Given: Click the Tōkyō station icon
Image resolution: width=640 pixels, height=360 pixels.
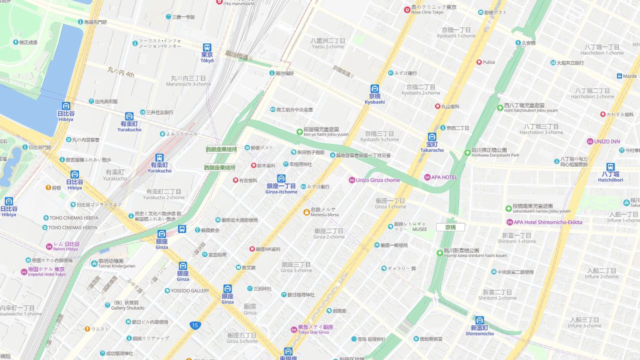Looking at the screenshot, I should pyautogui.click(x=206, y=48).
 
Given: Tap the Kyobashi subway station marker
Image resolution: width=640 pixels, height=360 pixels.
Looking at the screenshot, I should pyautogui.click(x=374, y=89).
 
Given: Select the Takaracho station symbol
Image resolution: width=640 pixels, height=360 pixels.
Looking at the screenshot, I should pyautogui.click(x=432, y=137).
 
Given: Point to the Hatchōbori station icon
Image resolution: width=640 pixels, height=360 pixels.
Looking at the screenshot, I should pyautogui.click(x=610, y=167).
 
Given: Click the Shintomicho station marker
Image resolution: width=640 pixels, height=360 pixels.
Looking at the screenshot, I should pyautogui.click(x=479, y=320).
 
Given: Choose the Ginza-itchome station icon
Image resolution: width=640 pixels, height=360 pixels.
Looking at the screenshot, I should pyautogui.click(x=281, y=178).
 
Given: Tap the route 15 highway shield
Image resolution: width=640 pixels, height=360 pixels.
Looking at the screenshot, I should pyautogui.click(x=195, y=325).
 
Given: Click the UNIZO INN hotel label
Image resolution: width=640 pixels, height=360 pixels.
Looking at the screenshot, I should pyautogui.click(x=606, y=141).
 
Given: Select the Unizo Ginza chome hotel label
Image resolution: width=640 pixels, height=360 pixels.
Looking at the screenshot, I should pyautogui.click(x=377, y=180).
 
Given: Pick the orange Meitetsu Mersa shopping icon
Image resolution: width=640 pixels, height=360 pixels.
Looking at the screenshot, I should pyautogui.click(x=306, y=212).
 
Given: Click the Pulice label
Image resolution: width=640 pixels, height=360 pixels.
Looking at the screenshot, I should pyautogui.click(x=488, y=62).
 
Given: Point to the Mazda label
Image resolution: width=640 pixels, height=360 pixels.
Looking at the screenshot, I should pyautogui.click(x=629, y=76).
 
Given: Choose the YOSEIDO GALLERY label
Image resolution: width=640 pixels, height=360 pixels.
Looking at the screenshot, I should pyautogui.click(x=189, y=290).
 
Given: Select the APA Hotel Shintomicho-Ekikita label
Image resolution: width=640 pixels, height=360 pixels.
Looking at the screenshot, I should pyautogui.click(x=547, y=222).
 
